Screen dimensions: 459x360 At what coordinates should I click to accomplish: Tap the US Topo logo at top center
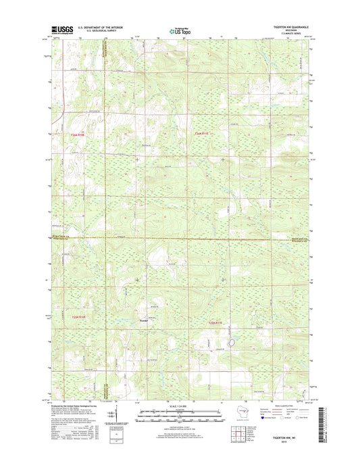pos(179,30)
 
